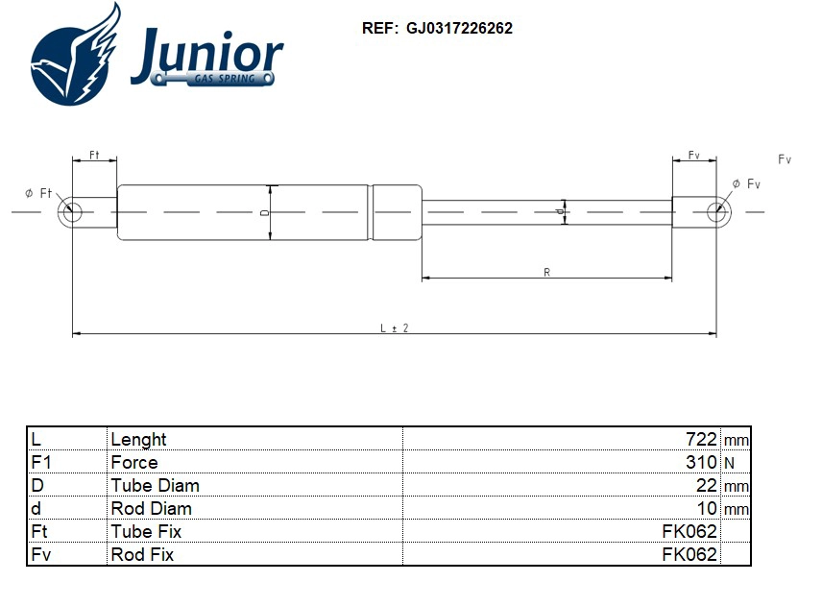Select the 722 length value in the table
click(x=701, y=439)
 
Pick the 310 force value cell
click(x=701, y=462)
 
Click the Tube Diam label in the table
click(x=155, y=485)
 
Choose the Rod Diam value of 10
click(x=706, y=508)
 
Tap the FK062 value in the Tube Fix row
click(x=689, y=531)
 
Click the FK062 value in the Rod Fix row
click(x=689, y=554)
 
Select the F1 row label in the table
click(x=40, y=462)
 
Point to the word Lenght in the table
click(x=138, y=439)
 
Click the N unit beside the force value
click(x=729, y=463)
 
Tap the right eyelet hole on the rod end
click(x=715, y=212)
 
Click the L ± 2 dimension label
click(x=394, y=327)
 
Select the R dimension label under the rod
click(x=546, y=273)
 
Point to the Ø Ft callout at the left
click(x=38, y=193)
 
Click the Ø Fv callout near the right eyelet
click(x=746, y=183)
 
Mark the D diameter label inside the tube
click(x=264, y=212)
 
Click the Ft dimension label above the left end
click(x=94, y=155)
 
